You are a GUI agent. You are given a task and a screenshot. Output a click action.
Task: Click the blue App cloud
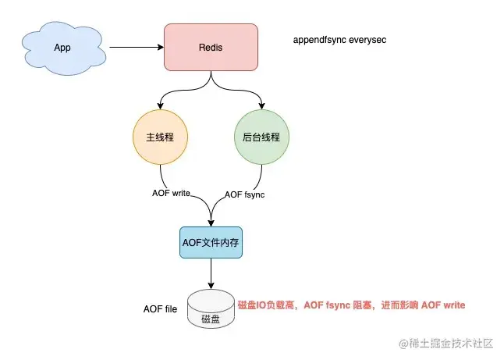pyautogui.click(x=62, y=48)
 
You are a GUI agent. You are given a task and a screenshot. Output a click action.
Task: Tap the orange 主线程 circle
pyautogui.click(x=161, y=136)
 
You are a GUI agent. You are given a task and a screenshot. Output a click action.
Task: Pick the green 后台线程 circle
pyautogui.click(x=261, y=136)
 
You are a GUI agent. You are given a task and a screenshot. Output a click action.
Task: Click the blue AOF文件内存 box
pyautogui.click(x=210, y=243)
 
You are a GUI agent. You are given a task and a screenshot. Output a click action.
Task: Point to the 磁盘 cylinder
pyautogui.click(x=210, y=311)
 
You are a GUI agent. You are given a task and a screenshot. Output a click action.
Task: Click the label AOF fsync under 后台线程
pyautogui.click(x=244, y=194)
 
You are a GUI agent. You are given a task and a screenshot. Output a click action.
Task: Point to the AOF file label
pyautogui.click(x=161, y=309)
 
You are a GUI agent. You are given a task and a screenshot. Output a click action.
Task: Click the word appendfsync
pyautogui.click(x=318, y=40)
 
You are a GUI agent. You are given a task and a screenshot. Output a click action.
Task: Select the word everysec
pyautogui.click(x=367, y=40)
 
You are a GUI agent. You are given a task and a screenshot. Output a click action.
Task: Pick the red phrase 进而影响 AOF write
pyautogui.click(x=420, y=305)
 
